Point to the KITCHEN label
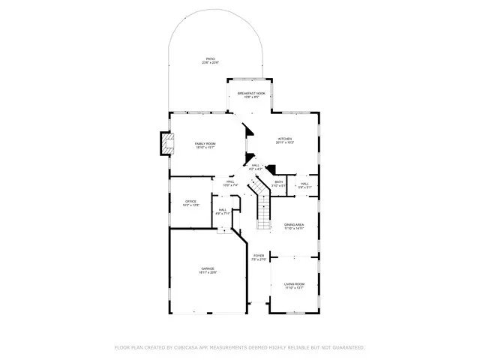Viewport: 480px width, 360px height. click(x=285, y=139)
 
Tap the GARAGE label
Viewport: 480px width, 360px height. click(x=207, y=268)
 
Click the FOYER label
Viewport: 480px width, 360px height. click(x=259, y=256)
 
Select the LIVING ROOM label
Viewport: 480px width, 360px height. click(x=294, y=284)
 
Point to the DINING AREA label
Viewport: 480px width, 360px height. click(x=294, y=225)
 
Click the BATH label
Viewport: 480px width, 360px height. click(x=279, y=181)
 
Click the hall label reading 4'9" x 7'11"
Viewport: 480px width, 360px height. click(x=223, y=213)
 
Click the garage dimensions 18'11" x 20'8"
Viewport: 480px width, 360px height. click(x=207, y=272)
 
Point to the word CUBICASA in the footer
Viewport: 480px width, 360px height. click(x=188, y=348)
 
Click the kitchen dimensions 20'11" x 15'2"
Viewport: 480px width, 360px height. click(x=285, y=143)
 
